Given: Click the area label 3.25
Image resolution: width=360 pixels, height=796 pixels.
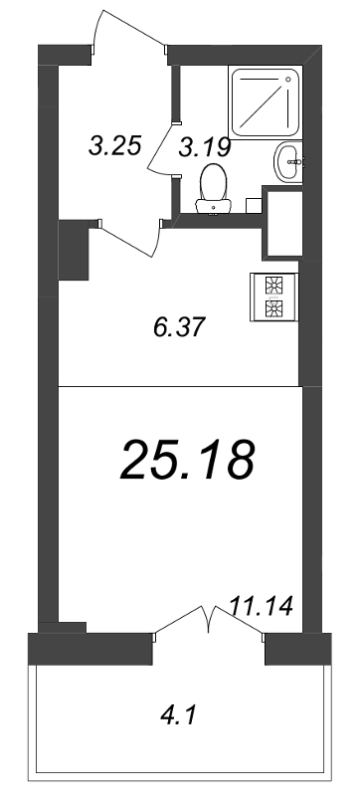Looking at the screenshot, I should coord(109,146).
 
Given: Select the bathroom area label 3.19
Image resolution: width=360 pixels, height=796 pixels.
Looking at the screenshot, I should coord(205,148).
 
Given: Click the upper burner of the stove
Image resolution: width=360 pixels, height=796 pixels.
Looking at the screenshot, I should coord(272,286).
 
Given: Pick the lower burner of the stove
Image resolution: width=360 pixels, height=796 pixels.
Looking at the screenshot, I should coord(272,308).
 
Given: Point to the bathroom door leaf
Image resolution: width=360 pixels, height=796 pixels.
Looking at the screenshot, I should coord(161,149).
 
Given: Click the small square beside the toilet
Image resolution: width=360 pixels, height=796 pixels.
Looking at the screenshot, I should coord(253,203).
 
